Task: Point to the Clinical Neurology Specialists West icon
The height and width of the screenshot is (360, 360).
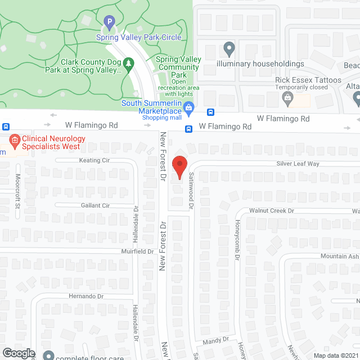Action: coord(14,139)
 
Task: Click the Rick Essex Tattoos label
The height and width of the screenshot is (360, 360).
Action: coord(308,80)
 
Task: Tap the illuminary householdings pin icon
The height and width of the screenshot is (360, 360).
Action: coord(229,49)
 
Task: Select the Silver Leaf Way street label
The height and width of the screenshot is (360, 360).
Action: coord(298,164)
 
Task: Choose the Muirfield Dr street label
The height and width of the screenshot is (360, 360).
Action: coord(134,251)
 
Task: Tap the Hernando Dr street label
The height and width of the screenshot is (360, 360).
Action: coord(86,296)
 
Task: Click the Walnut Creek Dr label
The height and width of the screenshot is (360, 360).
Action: coord(272,211)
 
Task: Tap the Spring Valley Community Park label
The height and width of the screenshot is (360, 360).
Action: coord(178,67)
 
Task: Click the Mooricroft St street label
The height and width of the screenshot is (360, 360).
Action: coord(17,191)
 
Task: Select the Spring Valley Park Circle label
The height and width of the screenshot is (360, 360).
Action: coord(138,38)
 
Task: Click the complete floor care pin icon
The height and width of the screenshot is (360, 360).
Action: coord(49,355)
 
